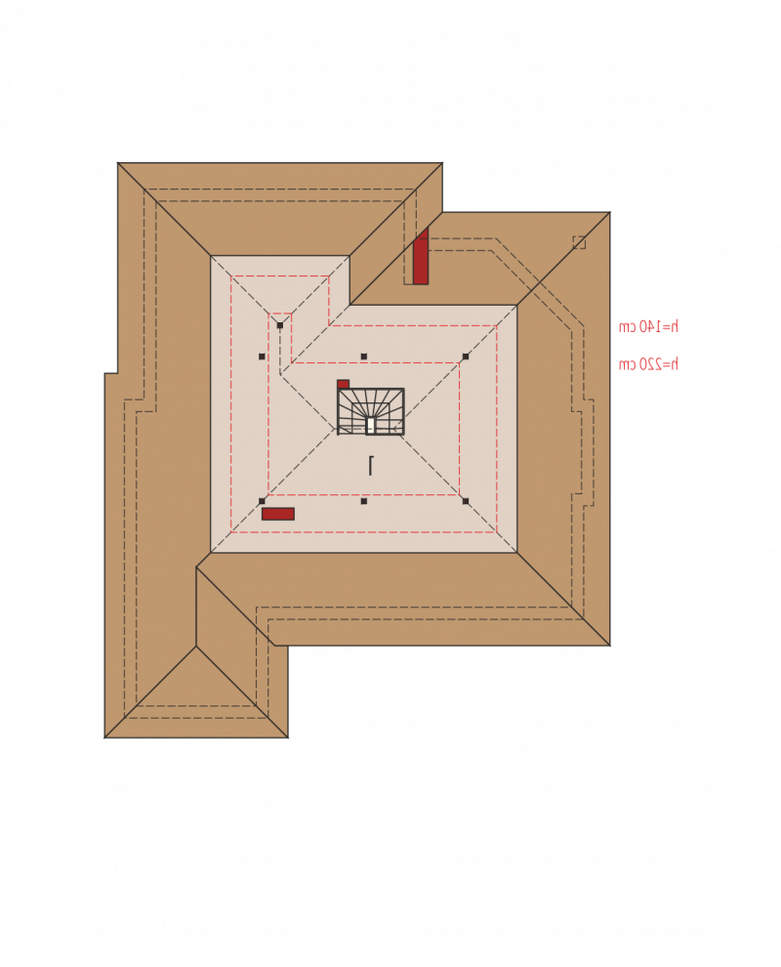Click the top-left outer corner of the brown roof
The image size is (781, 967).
pos(118,163)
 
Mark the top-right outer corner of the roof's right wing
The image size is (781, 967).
pos(609,212)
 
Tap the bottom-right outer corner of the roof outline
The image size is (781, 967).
pos(609,646)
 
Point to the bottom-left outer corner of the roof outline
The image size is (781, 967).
pos(104,737)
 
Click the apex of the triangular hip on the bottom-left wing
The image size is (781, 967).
pos(196,647)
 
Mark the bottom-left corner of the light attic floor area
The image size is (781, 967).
pos(211,553)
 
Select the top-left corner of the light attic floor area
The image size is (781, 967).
pos(211,256)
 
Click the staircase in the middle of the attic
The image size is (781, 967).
pos(370,411)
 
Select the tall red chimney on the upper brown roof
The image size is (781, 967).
pos(421,256)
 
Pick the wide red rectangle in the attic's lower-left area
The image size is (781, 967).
pos(278,514)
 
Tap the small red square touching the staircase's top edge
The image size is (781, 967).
pos(344,384)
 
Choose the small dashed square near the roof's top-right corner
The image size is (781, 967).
pos(579,242)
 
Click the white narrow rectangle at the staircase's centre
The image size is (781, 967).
pos(370,425)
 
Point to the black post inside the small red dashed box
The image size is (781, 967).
pos(280,325)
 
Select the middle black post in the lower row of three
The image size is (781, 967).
pos(364,501)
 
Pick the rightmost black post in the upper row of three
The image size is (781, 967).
pos(466,357)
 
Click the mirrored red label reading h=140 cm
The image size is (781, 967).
pos(648,326)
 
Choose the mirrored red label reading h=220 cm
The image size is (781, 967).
pos(648,364)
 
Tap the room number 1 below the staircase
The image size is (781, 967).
pos(370,465)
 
